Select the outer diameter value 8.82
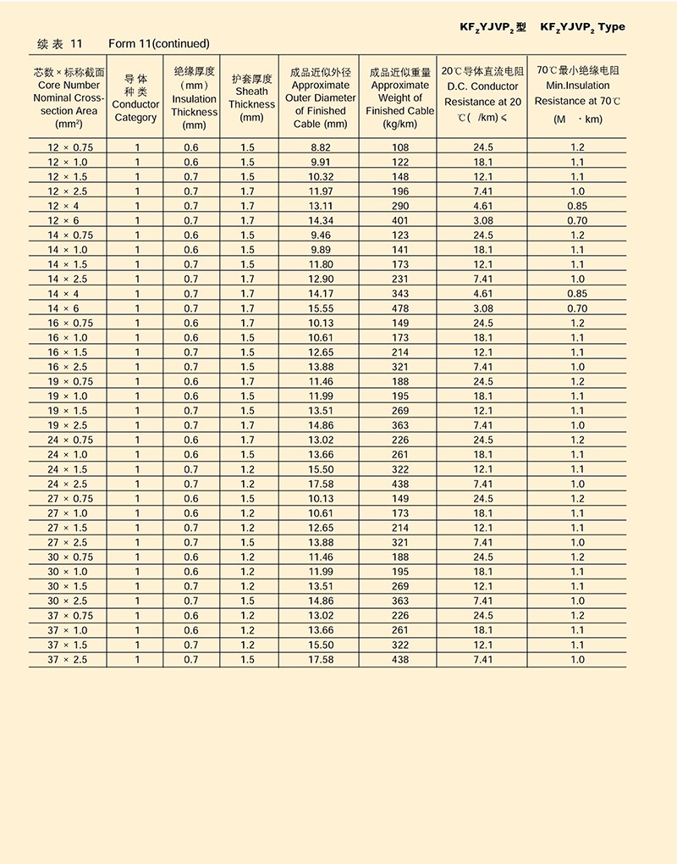(x=321, y=147)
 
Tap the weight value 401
(x=400, y=220)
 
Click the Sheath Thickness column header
(x=251, y=98)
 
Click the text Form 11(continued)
(x=159, y=43)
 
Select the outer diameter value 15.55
(x=321, y=308)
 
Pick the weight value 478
(x=400, y=308)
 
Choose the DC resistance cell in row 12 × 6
(x=483, y=220)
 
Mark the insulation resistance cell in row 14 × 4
(x=577, y=294)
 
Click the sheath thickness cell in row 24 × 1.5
(x=247, y=469)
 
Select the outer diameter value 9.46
(x=321, y=235)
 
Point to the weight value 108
(x=400, y=147)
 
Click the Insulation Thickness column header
(x=194, y=98)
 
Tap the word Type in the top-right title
(x=611, y=27)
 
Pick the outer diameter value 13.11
(x=321, y=206)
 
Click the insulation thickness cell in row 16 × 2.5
(x=191, y=367)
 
